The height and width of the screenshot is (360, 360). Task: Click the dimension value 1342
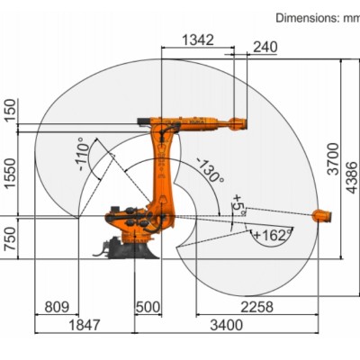[198, 40]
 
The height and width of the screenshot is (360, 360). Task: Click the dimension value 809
[57, 307]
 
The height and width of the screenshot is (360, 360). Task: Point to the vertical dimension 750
[10, 238]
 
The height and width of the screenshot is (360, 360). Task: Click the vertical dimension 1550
[10, 171]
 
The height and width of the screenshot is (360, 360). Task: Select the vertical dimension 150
[10, 110]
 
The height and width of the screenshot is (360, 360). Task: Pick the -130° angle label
[210, 169]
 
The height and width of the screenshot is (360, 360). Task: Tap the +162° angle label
[270, 235]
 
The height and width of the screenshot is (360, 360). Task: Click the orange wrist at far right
[322, 215]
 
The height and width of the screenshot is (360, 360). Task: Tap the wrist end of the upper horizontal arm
[238, 123]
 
